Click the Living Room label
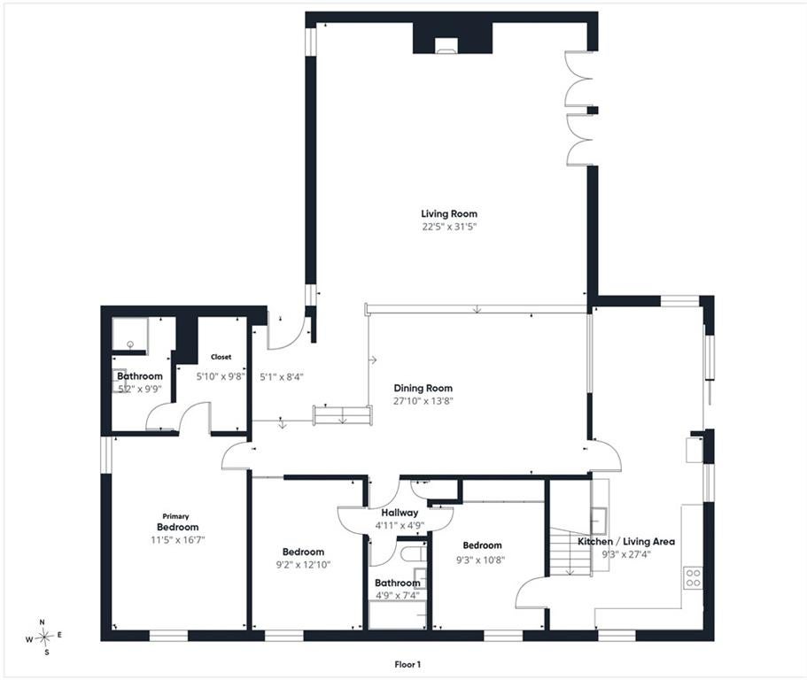tap(449, 213)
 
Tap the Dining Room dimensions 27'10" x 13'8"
tap(423, 401)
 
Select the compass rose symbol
tap(44, 637)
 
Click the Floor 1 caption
tap(407, 665)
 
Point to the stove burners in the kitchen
tap(693, 577)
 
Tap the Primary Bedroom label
tap(177, 522)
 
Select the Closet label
tap(221, 357)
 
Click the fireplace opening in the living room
tap(446, 46)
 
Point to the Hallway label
tap(400, 513)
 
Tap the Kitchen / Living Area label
tap(625, 542)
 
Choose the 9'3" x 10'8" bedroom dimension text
tap(481, 559)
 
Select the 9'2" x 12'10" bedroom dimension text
tap(303, 565)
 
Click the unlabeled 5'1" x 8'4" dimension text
tap(282, 377)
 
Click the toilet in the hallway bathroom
tap(413, 554)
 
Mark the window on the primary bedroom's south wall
tap(169, 636)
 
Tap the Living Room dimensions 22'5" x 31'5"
tap(446, 227)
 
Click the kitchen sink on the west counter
tap(599, 520)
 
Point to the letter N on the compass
tap(43, 622)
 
